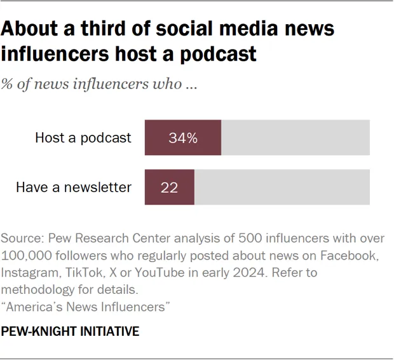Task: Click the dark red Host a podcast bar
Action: pos(183,137)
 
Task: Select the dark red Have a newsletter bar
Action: pos(170,187)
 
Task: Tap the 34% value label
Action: pos(183,138)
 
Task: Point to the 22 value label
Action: pos(169,188)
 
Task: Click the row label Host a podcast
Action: pos(83,138)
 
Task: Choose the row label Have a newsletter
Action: pos(74,188)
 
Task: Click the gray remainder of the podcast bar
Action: pos(295,137)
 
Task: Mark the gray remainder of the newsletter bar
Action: pos(282,187)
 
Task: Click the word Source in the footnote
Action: pos(21,239)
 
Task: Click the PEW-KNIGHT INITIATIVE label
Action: pos(70,332)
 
